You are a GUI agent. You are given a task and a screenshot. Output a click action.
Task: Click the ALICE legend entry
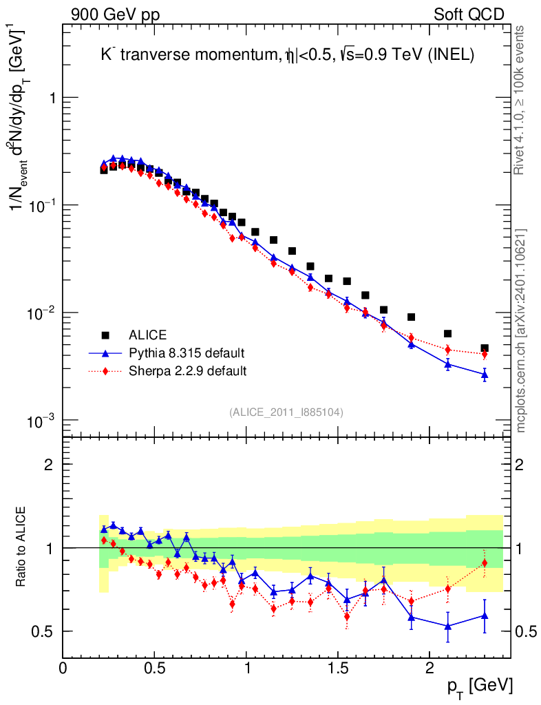pos(148,335)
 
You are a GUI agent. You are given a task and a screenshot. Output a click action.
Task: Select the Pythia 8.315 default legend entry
pos(187,353)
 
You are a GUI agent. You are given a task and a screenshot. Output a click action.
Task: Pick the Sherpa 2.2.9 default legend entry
pos(188,371)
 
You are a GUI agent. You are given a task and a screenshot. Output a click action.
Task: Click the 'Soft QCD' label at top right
pos(469,14)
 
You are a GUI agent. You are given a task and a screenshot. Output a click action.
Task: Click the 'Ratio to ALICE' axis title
pos(23,547)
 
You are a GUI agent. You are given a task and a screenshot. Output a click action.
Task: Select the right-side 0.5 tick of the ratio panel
pos(525,631)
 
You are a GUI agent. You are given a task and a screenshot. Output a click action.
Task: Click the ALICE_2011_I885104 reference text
pos(286,412)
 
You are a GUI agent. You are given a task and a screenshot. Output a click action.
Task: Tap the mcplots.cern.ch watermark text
pos(522,331)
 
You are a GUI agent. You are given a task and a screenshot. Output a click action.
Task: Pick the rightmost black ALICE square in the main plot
pos(485,348)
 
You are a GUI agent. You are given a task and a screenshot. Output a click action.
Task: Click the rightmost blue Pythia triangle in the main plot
pos(485,375)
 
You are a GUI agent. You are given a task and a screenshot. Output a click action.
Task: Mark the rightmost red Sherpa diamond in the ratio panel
pos(485,563)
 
